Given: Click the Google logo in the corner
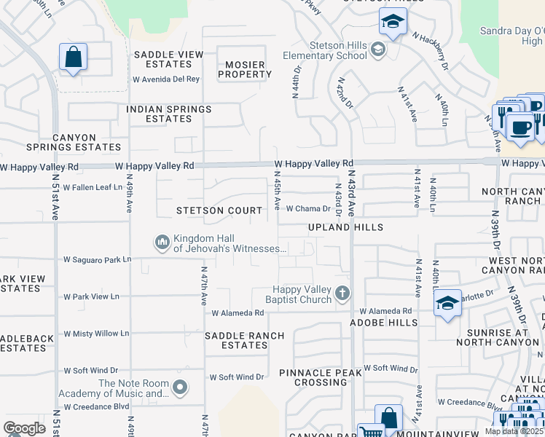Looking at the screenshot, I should click(x=24, y=428).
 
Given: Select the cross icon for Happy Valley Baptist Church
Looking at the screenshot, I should click(x=342, y=294).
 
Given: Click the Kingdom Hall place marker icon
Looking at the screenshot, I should click(x=162, y=240).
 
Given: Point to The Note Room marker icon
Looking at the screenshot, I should click(x=180, y=386).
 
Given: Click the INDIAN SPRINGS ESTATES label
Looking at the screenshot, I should click(x=168, y=114).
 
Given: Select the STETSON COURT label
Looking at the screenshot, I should click(x=219, y=210).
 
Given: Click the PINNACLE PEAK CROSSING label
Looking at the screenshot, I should click(x=323, y=377).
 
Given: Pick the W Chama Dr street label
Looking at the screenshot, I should click(x=308, y=208).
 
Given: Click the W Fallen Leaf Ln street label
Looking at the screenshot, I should click(x=93, y=187).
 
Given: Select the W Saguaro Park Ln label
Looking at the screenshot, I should click(x=97, y=259).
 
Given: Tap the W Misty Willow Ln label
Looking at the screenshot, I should click(x=96, y=334).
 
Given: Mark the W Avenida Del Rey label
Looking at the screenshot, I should click(x=165, y=79).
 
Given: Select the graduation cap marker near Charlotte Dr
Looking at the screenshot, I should click(x=447, y=302).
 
